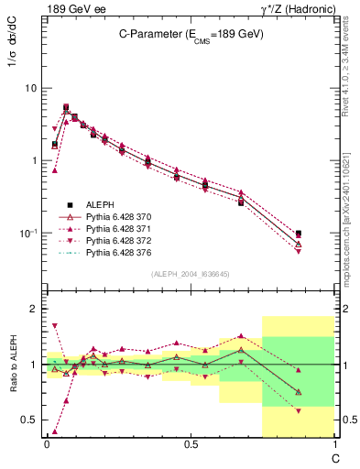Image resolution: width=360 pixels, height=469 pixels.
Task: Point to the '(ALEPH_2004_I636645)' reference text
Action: [189, 274]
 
